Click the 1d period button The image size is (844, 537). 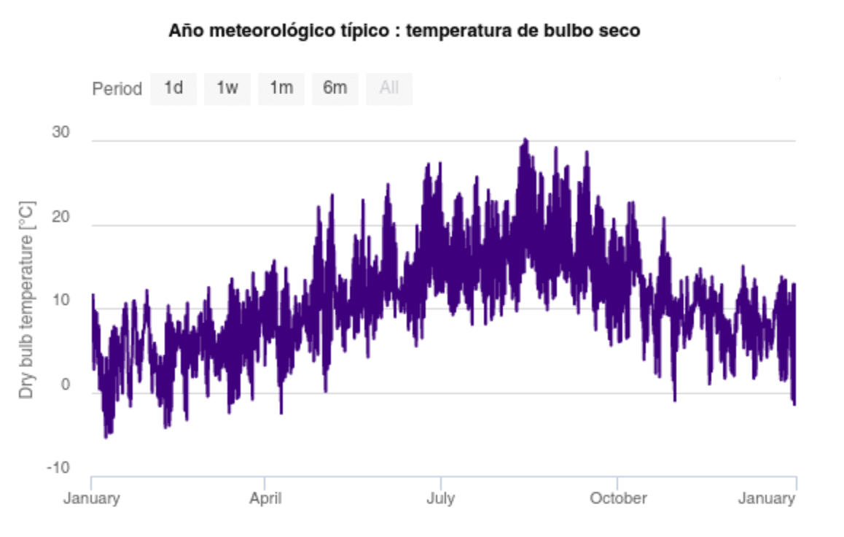(x=173, y=89)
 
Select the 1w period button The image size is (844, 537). (x=227, y=89)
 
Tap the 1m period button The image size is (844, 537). (x=281, y=89)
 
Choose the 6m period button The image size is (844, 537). (x=335, y=89)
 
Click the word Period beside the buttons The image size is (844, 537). (x=117, y=90)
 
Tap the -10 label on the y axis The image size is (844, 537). (x=58, y=468)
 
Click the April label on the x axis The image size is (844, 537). (x=265, y=499)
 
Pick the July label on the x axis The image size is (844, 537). (x=440, y=499)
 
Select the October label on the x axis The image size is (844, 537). (x=618, y=499)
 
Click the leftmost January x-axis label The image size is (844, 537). (x=91, y=499)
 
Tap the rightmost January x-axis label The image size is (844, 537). (x=766, y=499)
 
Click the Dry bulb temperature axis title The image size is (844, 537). (x=27, y=299)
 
